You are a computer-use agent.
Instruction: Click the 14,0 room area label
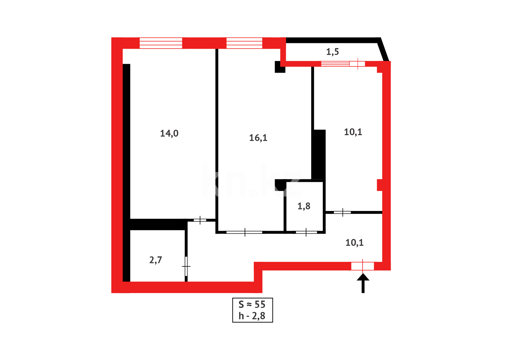[x=169, y=133]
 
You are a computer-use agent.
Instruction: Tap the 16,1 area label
[x=258, y=138]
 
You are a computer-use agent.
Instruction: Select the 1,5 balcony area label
[x=332, y=52]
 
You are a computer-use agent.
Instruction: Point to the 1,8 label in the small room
[x=304, y=206]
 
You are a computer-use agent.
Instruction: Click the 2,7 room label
[x=156, y=260]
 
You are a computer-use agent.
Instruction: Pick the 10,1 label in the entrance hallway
[x=354, y=243]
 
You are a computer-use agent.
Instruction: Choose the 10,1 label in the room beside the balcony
[x=353, y=132]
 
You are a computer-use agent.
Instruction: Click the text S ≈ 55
[x=252, y=304]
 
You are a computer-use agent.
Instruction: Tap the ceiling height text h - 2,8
[x=252, y=316]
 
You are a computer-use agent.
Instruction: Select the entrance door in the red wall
[x=362, y=266]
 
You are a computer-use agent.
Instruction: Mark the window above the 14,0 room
[x=161, y=43]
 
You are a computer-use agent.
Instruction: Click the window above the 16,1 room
[x=244, y=43]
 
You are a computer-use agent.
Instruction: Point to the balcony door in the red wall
[x=357, y=64]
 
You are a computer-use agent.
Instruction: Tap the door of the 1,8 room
[x=306, y=232]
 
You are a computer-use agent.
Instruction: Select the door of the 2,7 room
[x=186, y=266]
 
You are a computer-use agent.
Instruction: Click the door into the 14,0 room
[x=200, y=220]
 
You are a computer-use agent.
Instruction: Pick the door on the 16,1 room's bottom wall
[x=245, y=232]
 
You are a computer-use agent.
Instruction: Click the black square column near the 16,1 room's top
[x=279, y=67]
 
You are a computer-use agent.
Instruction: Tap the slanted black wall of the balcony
[x=384, y=50]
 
